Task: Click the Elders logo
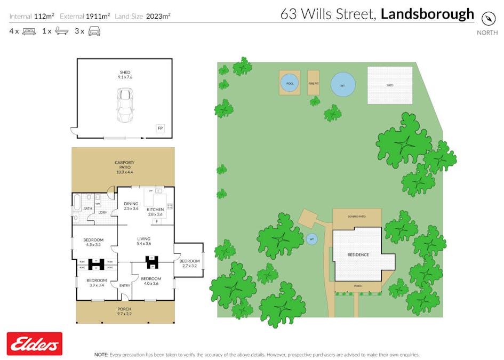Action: click(x=34, y=344)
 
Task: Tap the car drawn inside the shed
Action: click(x=125, y=105)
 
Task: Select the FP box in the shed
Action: click(x=160, y=129)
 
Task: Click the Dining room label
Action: click(x=131, y=205)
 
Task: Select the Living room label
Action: click(x=143, y=241)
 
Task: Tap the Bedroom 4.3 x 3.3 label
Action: click(x=93, y=242)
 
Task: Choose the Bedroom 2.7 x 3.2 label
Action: click(x=189, y=263)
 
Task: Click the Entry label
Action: click(x=124, y=285)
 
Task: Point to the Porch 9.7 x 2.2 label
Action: click(x=124, y=311)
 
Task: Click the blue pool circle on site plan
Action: click(x=290, y=83)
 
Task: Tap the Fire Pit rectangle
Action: click(x=313, y=83)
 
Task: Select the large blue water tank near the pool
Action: click(x=342, y=84)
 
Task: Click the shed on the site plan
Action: click(x=390, y=85)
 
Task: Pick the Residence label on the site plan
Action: click(x=358, y=254)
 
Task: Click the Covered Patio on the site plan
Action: click(x=357, y=217)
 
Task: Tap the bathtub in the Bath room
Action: click(x=76, y=203)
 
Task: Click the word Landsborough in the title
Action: click(x=427, y=14)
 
